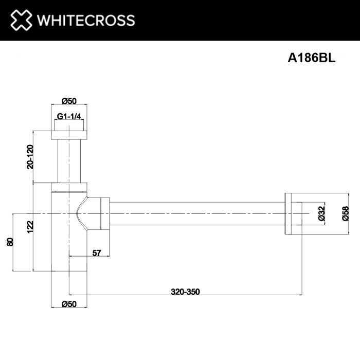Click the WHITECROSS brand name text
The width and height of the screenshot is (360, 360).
[85, 20]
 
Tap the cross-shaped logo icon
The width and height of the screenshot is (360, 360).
[20, 20]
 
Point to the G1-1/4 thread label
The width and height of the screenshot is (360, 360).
[69, 117]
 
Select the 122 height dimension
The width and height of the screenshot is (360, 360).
[30, 226]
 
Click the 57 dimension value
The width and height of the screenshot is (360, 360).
[96, 252]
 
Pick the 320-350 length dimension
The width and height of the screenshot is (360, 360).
[185, 292]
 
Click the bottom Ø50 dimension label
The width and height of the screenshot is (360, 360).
[69, 304]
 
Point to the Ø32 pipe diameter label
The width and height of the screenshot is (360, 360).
[321, 213]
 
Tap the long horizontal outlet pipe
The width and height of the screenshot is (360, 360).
[195, 213]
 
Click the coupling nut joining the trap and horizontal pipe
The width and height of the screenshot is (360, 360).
[105, 213]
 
